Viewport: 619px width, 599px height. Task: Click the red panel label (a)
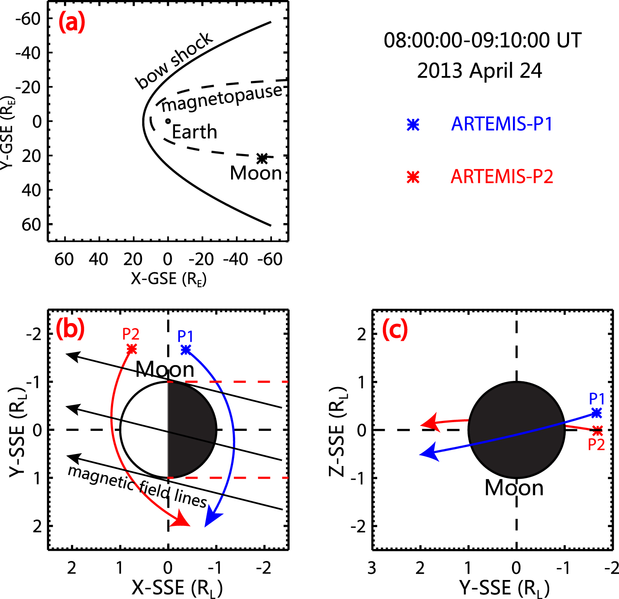[x=72, y=23]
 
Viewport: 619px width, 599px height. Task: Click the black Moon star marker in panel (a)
[x=262, y=158]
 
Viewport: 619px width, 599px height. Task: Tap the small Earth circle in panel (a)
[x=168, y=121]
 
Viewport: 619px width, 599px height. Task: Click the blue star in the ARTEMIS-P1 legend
[x=413, y=125]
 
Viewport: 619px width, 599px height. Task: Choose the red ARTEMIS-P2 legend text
[x=501, y=177]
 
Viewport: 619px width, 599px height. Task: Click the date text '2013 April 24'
[x=479, y=71]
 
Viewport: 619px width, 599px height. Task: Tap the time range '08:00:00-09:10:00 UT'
[x=482, y=40]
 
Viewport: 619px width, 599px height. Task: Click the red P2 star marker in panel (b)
[x=132, y=349]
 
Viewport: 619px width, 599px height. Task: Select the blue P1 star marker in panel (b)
[x=186, y=350]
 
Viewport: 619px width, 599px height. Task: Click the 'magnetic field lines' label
[x=137, y=487]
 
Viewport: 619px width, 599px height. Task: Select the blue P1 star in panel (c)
[x=596, y=413]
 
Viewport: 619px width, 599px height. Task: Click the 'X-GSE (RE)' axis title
[x=168, y=279]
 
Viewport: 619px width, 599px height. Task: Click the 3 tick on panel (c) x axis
[x=372, y=568]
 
